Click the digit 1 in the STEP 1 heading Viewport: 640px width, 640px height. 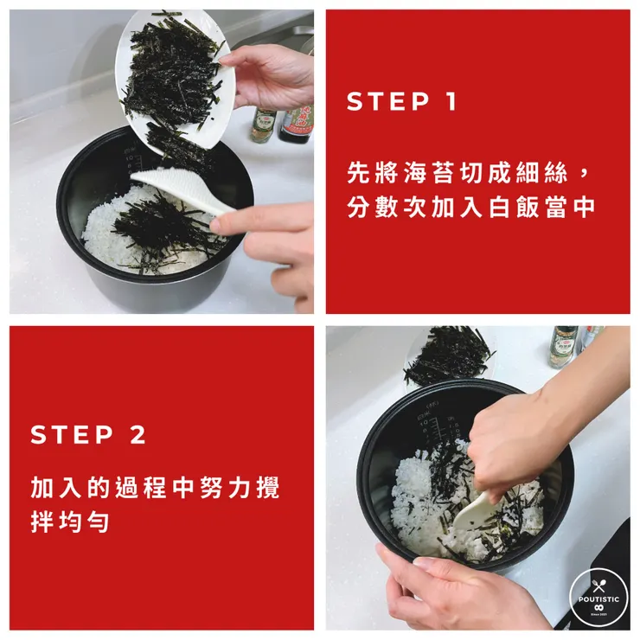coord(451,101)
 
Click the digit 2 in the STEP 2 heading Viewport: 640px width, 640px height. coord(138,434)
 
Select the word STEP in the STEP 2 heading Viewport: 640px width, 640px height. coord(72,434)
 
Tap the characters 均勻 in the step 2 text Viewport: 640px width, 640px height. coord(84,522)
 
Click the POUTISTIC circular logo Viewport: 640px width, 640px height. coord(598,598)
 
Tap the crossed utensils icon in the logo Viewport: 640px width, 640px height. coord(598,586)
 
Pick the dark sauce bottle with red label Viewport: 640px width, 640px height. coord(297,124)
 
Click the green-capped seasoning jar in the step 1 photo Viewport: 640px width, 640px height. coord(262,125)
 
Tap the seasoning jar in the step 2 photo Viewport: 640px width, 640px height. coord(563,347)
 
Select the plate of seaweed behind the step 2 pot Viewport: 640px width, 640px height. coord(449,355)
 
